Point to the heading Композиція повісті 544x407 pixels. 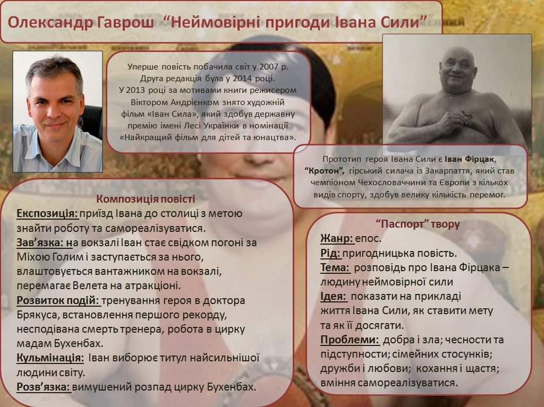click(x=146, y=199)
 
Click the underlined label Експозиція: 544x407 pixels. click(x=47, y=214)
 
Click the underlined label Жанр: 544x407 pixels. click(x=337, y=238)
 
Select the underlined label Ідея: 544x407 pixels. click(x=334, y=296)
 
